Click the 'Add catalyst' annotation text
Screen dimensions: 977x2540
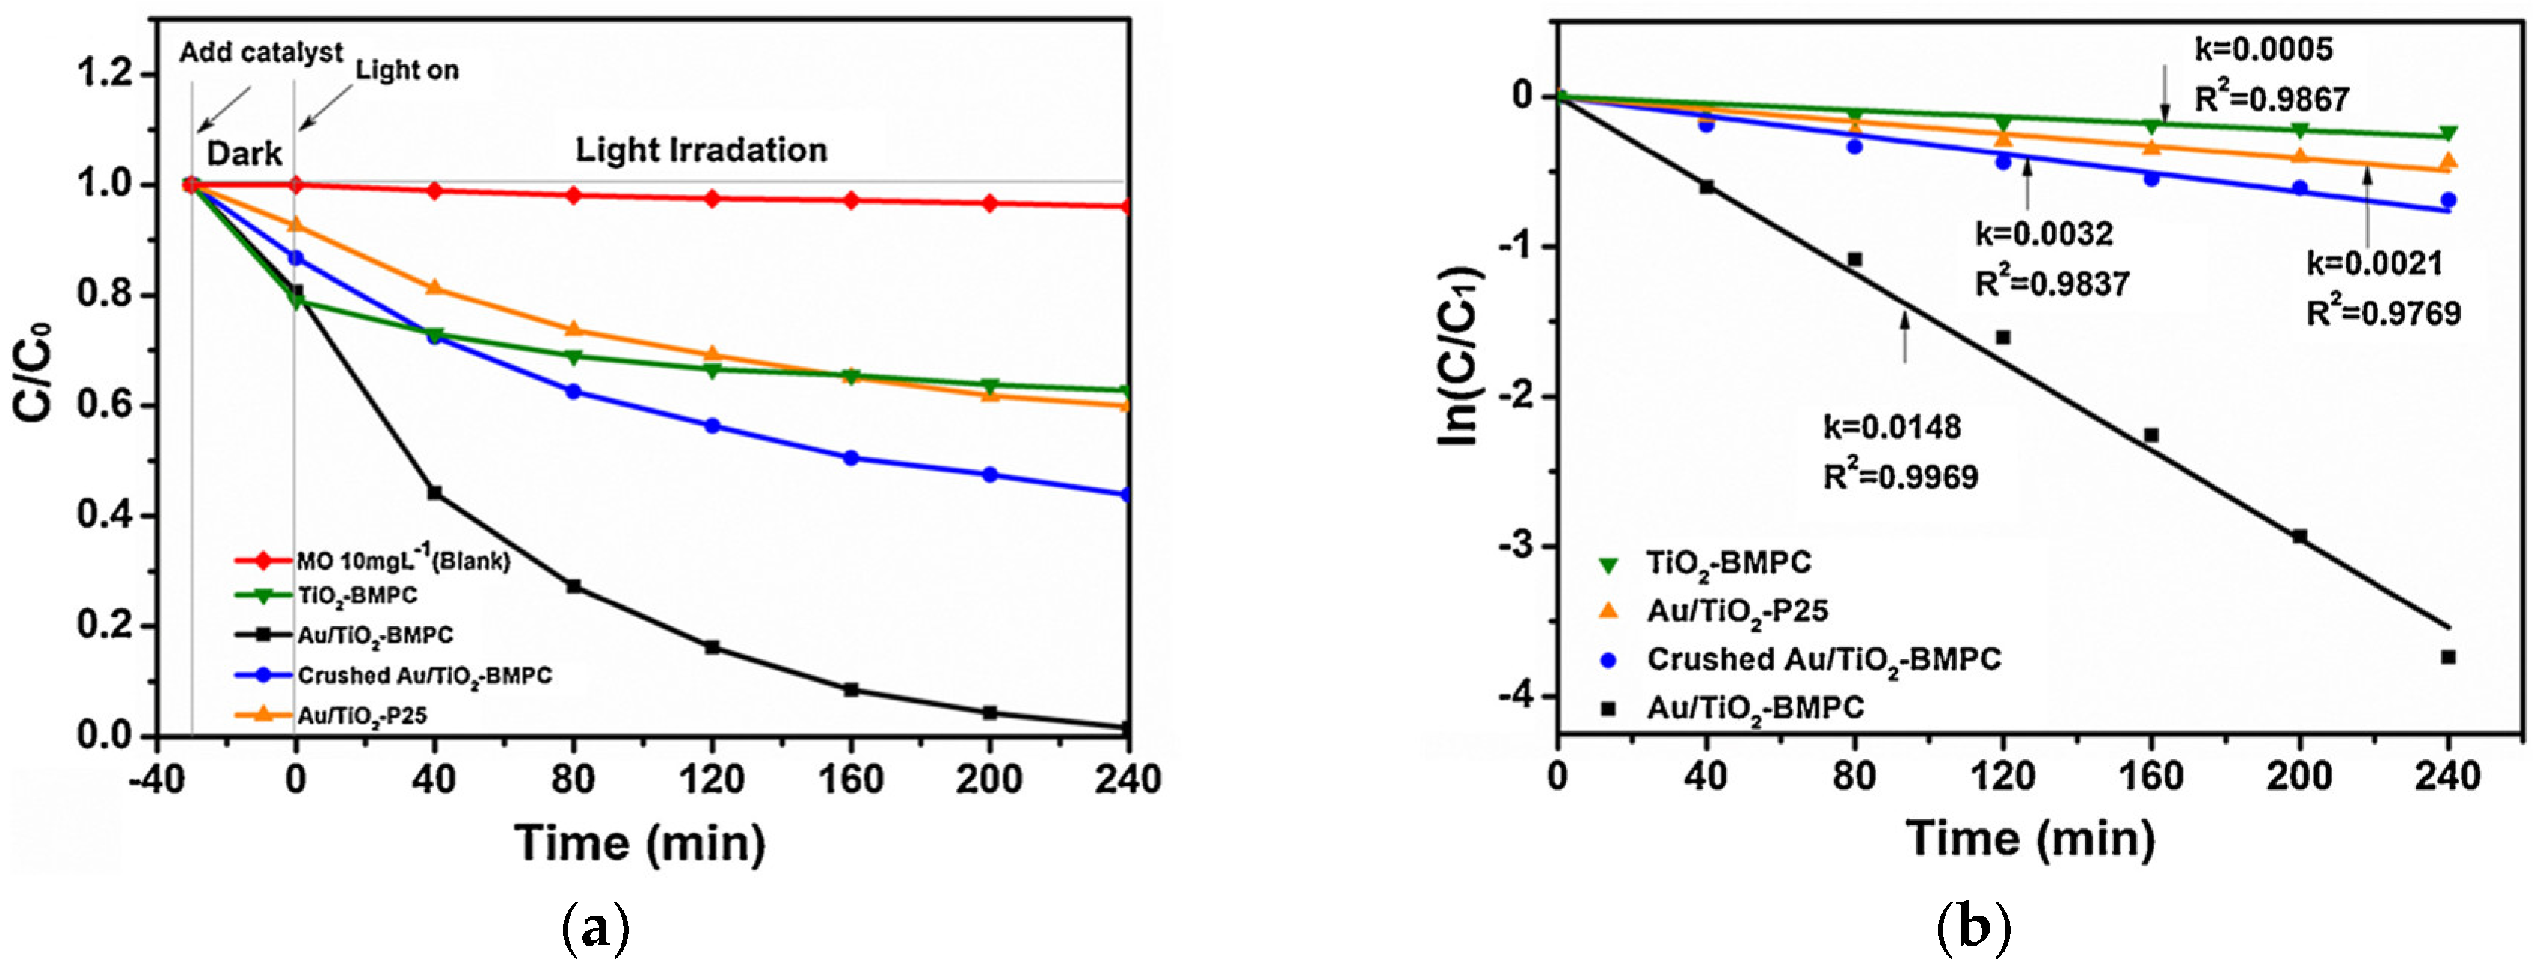click(x=261, y=52)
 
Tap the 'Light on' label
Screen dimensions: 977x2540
click(x=408, y=71)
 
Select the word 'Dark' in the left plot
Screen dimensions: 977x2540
click(x=244, y=155)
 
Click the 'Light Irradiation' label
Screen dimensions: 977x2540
click(x=701, y=150)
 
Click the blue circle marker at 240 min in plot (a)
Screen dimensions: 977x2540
click(x=1127, y=495)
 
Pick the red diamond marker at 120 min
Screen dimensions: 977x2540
click(x=712, y=198)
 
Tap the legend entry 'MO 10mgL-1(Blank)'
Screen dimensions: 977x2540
click(x=403, y=561)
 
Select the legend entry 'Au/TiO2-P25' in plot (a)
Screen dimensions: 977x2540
click(x=362, y=715)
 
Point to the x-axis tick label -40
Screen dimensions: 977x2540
click(x=156, y=780)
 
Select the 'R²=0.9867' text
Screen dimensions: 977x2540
click(x=2272, y=99)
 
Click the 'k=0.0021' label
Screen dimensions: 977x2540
click(x=2374, y=263)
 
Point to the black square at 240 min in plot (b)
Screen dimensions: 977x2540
click(x=2447, y=656)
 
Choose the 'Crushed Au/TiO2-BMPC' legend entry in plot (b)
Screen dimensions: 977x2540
click(x=1823, y=659)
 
